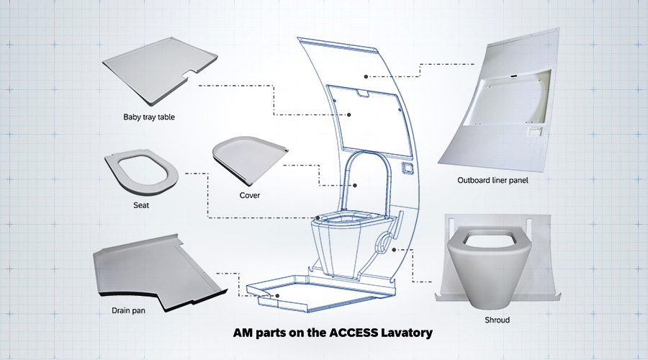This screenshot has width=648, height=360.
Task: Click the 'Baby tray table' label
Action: tap(149, 117)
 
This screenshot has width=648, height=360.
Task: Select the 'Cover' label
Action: tap(250, 195)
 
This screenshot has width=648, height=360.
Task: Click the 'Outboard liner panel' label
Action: tap(493, 180)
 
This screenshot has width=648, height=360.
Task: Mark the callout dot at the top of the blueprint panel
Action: tap(366, 75)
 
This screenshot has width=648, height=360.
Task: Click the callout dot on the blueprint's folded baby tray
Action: tap(349, 114)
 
